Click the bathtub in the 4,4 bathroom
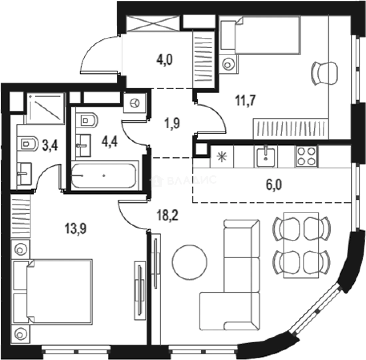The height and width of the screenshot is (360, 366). pos(104,175)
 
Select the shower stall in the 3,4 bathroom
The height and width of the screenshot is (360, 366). pos(45,108)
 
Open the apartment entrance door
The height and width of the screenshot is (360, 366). pos(100,55)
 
